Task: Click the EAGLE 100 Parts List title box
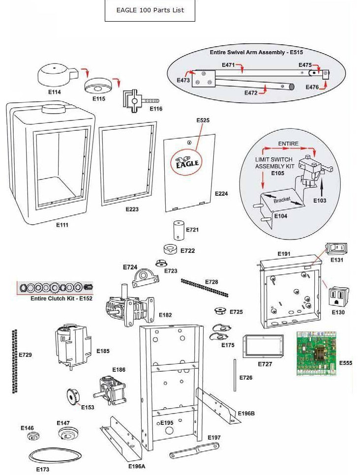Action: point(150,10)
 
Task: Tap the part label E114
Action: point(55,92)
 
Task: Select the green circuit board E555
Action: point(317,354)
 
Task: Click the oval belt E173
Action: point(54,455)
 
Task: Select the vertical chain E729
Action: point(14,361)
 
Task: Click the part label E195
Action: point(167,423)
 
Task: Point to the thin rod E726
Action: point(236,377)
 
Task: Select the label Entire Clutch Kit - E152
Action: point(55,298)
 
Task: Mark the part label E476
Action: point(312,87)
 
